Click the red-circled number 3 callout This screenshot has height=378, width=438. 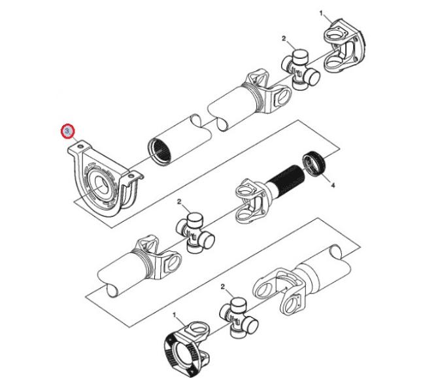(x=67, y=131)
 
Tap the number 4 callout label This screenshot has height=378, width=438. (x=333, y=185)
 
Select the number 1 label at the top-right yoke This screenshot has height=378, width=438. (x=321, y=13)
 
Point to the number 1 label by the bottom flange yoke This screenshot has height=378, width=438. (x=175, y=315)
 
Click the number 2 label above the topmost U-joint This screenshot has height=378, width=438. (x=284, y=39)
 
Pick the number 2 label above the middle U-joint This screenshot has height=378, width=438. (x=179, y=201)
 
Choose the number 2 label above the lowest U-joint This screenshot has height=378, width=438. (x=223, y=286)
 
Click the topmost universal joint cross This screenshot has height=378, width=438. (x=301, y=69)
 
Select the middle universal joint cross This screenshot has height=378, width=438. (x=195, y=233)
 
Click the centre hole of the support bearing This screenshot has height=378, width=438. (x=101, y=185)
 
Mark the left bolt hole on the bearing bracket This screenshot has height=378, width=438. (x=80, y=146)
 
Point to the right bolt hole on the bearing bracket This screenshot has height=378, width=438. (x=130, y=176)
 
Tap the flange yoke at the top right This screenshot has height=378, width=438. (x=345, y=46)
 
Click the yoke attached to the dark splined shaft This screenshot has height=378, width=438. (x=251, y=200)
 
